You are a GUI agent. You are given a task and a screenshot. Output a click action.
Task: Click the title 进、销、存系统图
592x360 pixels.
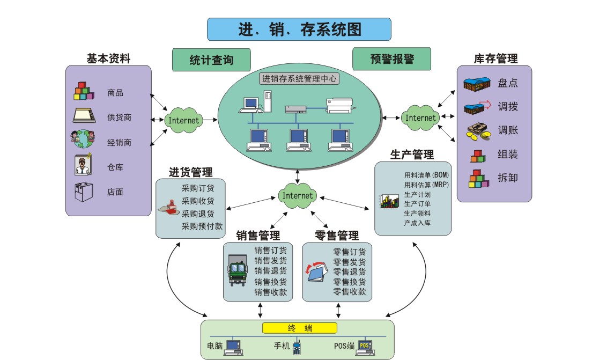[299, 30]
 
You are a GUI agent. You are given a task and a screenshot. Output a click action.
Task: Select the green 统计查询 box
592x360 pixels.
[211, 60]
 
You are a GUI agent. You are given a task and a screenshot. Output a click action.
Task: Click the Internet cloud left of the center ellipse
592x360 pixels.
[184, 120]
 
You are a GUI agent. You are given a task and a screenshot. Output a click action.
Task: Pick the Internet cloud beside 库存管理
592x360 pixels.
[420, 117]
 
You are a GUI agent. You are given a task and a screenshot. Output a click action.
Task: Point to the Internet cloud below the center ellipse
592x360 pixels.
[297, 196]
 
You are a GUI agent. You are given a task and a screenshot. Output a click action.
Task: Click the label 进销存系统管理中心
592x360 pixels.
[299, 78]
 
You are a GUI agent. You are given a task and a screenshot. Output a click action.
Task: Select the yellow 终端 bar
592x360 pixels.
[300, 328]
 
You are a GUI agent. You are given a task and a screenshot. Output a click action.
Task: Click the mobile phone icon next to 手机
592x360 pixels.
[297, 347]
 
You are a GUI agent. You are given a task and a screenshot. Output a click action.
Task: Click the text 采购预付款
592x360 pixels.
[202, 226]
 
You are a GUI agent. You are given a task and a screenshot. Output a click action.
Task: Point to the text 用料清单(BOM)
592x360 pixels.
[426, 175]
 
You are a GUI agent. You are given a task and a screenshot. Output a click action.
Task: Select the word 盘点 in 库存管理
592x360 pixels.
[507, 83]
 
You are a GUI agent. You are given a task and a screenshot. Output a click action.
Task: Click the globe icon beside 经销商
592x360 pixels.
[82, 140]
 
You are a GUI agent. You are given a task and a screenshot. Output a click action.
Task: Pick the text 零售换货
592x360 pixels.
[350, 282]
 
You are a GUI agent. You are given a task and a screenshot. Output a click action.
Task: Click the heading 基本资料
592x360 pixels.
[108, 58]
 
